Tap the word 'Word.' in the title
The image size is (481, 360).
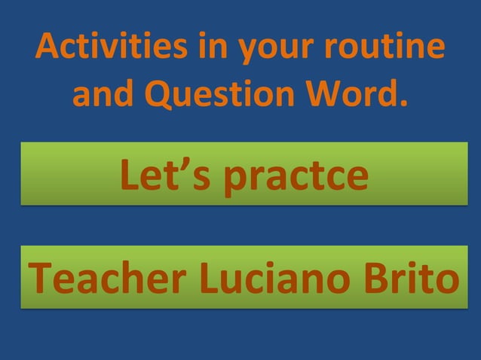pyautogui.click(x=363, y=94)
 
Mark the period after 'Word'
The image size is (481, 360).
pyautogui.click(x=400, y=104)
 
